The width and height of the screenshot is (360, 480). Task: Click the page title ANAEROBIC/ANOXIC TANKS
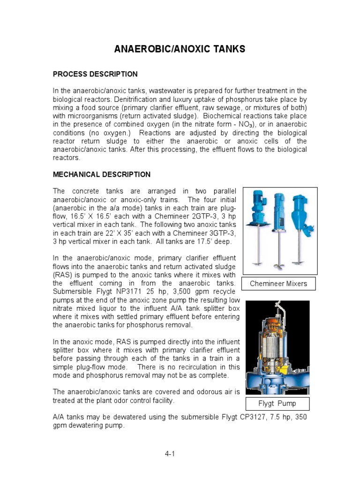click(180, 49)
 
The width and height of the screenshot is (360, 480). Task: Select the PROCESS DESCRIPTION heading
click(95, 74)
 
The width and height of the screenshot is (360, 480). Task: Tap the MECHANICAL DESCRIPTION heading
click(102, 174)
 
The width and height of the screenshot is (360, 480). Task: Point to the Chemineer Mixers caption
click(278, 284)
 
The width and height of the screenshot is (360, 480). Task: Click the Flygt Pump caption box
click(277, 404)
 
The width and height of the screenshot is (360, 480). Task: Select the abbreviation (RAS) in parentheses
click(61, 275)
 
